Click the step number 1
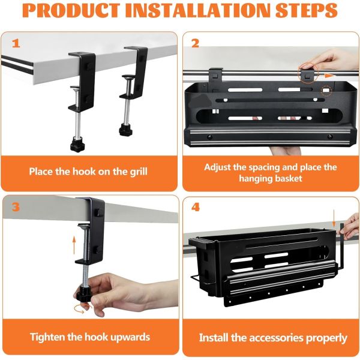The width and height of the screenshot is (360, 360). (x=16, y=44)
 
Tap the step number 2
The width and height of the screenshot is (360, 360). (x=196, y=44)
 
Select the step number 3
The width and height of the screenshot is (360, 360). (x=16, y=207)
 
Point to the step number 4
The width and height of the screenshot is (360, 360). (x=196, y=208)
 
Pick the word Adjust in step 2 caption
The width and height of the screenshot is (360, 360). (x=220, y=167)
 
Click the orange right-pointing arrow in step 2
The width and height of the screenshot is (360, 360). (x=329, y=76)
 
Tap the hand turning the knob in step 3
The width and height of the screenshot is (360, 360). (x=114, y=294)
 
